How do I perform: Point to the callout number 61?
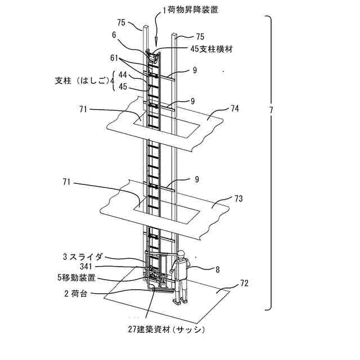(x=115, y=57)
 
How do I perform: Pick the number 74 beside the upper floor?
(x=235, y=108)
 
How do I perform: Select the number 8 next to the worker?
(x=218, y=269)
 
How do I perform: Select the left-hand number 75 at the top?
(x=121, y=22)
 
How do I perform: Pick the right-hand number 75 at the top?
(x=200, y=35)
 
